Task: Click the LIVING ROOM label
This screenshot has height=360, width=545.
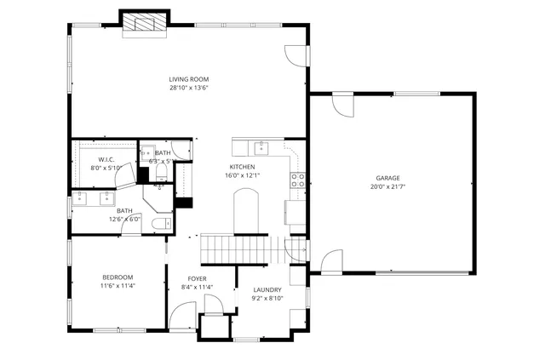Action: [188, 79]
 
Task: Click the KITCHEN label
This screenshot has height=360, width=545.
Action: [242, 167]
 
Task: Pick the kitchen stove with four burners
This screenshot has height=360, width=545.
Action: [298, 180]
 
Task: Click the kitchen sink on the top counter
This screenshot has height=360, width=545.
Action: [262, 149]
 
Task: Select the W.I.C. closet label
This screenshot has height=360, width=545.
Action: [106, 159]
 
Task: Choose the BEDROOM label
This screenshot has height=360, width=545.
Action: [117, 277]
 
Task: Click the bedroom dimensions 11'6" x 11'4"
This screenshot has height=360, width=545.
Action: [117, 286]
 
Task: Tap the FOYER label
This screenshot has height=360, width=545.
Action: [197, 278]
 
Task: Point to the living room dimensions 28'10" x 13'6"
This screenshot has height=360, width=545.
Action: [188, 88]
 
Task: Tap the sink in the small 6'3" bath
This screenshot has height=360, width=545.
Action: [145, 154]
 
